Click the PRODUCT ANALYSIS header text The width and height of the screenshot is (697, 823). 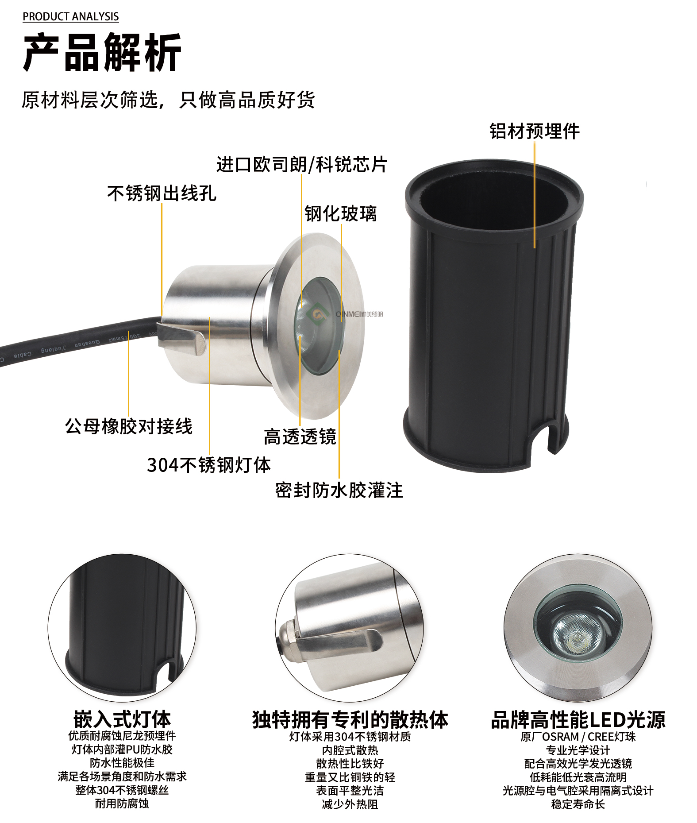point(71,17)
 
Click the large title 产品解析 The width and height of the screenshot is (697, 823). point(102,53)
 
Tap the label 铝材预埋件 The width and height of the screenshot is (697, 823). point(534,131)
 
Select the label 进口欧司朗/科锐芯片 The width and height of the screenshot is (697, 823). point(302,165)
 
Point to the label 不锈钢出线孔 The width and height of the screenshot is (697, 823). point(162,193)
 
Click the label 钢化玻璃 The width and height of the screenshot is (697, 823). point(340,214)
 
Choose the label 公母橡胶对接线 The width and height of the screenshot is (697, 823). point(128,426)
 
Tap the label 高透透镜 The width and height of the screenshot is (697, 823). point(300,437)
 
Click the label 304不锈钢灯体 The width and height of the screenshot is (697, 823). point(208,465)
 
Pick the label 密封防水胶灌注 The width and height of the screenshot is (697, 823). point(339,491)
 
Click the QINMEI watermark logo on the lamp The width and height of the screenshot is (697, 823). point(350,314)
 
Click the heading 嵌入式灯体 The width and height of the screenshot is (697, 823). point(122,719)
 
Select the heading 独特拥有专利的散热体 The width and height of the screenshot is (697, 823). point(350,720)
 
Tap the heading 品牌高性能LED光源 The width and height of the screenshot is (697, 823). point(578,720)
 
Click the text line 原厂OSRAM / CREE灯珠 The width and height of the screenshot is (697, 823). point(578,737)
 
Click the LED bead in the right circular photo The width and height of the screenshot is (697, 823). point(577,638)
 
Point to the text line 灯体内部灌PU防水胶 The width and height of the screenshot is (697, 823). point(122,750)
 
